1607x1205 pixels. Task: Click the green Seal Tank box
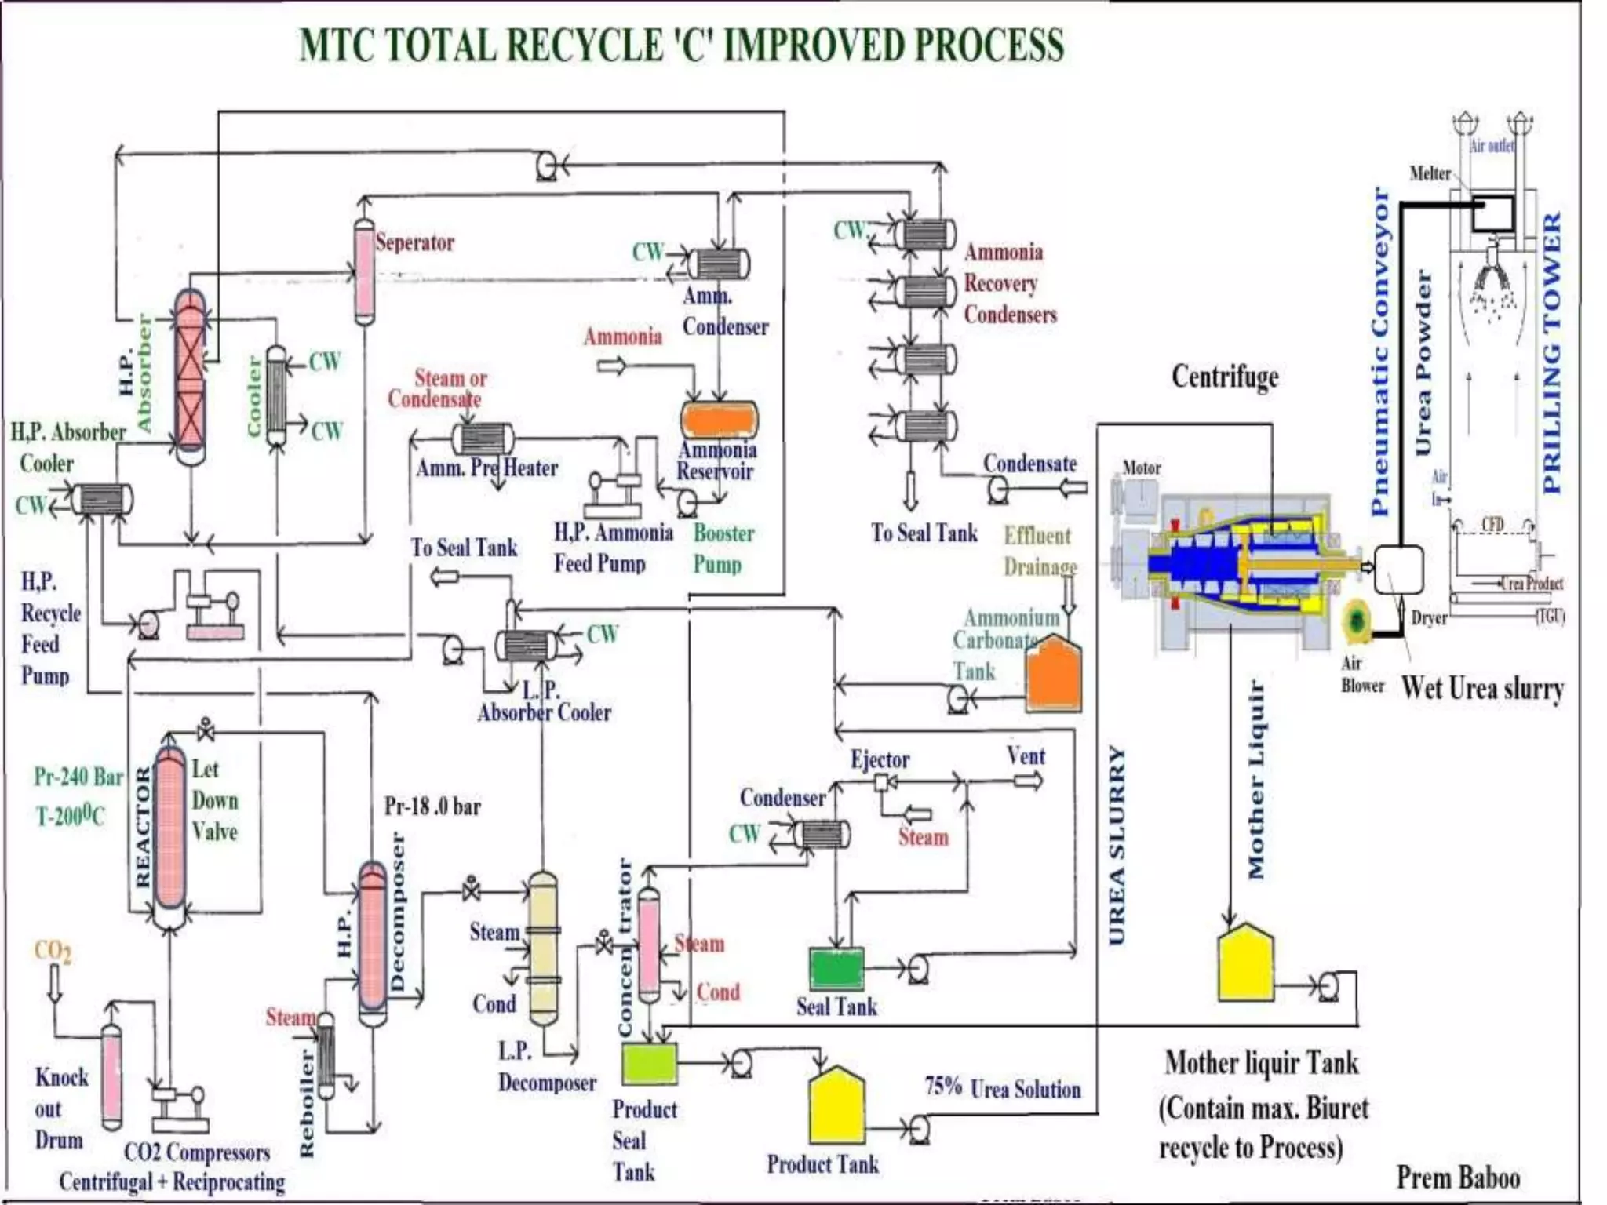[x=836, y=970]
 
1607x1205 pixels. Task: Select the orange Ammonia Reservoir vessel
[x=719, y=420]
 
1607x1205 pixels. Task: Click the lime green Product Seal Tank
[x=650, y=1063]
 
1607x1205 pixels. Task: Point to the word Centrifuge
[x=1224, y=377]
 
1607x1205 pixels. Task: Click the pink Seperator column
[x=364, y=271]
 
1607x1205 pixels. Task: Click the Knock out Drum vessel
[x=112, y=1075]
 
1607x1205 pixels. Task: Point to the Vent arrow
[x=1028, y=781]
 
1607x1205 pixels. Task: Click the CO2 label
[x=53, y=951]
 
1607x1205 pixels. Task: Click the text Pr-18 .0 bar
[x=432, y=806]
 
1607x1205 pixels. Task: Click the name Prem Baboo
[x=1458, y=1178]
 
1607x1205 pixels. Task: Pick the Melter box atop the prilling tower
[x=1492, y=213]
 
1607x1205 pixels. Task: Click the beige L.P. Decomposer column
[x=543, y=949]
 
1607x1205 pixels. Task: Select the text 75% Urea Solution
[x=1002, y=1089]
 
